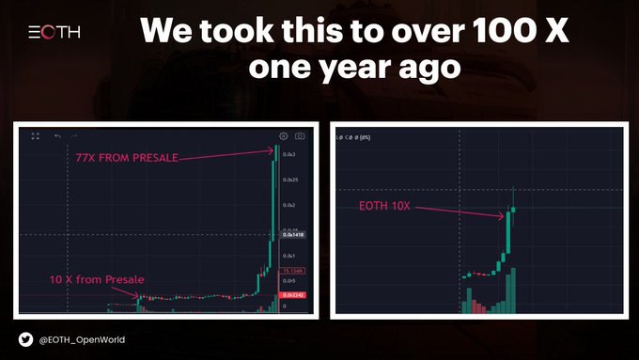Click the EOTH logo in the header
point(55,32)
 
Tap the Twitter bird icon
point(25,339)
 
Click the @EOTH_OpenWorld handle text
point(83,339)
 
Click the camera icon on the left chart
point(301,136)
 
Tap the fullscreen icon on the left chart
point(35,136)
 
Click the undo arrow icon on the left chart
point(57,136)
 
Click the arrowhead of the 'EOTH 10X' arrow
point(503,218)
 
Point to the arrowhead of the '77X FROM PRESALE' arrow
point(273,156)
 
